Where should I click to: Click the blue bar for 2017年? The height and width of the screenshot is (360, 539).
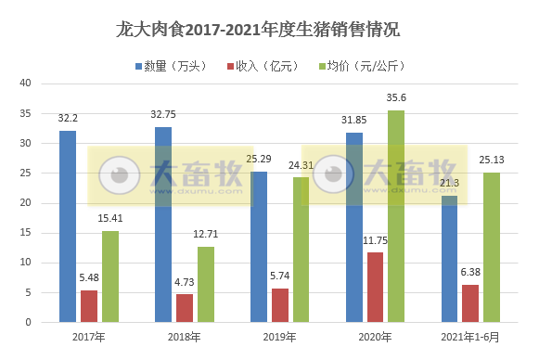[68, 226]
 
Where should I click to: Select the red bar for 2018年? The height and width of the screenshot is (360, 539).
[185, 308]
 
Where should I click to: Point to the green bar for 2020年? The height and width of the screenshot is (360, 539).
[396, 216]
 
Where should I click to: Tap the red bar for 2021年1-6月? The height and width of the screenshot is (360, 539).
[470, 303]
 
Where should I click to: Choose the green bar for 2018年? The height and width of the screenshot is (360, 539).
[205, 284]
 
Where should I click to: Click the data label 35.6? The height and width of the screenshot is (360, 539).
[396, 99]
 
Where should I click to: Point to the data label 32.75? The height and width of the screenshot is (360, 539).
[164, 116]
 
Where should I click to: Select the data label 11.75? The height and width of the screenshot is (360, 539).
[375, 241]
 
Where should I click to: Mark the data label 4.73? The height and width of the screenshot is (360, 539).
[185, 283]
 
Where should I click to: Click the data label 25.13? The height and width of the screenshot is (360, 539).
[492, 161]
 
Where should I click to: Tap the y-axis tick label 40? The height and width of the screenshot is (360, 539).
[26, 84]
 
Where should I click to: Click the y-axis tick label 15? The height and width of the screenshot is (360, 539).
[26, 233]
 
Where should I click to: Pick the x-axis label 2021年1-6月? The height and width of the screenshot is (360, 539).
[471, 336]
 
